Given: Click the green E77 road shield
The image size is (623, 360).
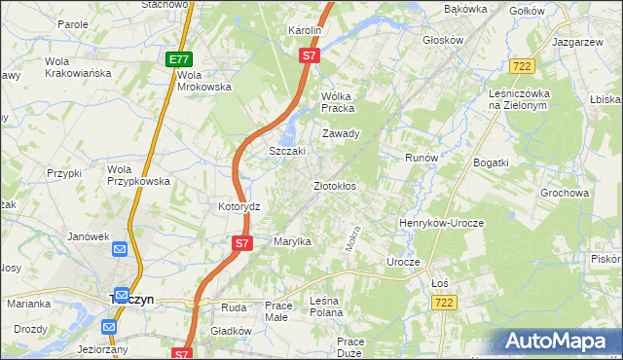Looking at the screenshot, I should pyautogui.click(x=177, y=59).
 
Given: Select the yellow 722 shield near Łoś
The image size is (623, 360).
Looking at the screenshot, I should pyautogui.click(x=444, y=305).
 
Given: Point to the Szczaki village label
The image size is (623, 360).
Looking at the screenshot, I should pyautogui.click(x=287, y=151).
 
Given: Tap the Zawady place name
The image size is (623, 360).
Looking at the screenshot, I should pyautogui.click(x=342, y=133).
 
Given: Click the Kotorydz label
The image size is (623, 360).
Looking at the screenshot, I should pyautogui.click(x=238, y=207).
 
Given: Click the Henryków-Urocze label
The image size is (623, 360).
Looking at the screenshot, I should pyautogui.click(x=441, y=223).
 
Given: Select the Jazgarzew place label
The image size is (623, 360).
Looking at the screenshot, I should pyautogui.click(x=579, y=44).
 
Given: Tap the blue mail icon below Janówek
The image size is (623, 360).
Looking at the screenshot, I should pyautogui.click(x=120, y=251).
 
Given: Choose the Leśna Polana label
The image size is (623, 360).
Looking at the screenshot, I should pyautogui.click(x=329, y=306).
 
